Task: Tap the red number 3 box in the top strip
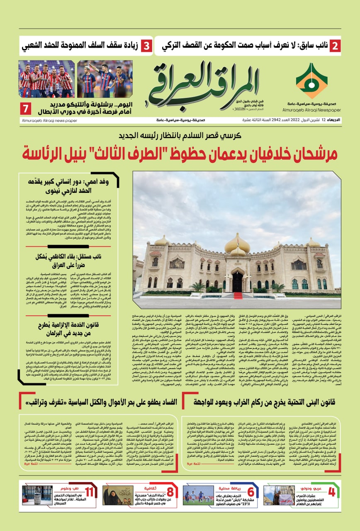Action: [146, 46]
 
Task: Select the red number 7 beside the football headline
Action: [25, 109]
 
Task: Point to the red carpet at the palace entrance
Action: [238, 295]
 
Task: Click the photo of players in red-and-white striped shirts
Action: [46, 79]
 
